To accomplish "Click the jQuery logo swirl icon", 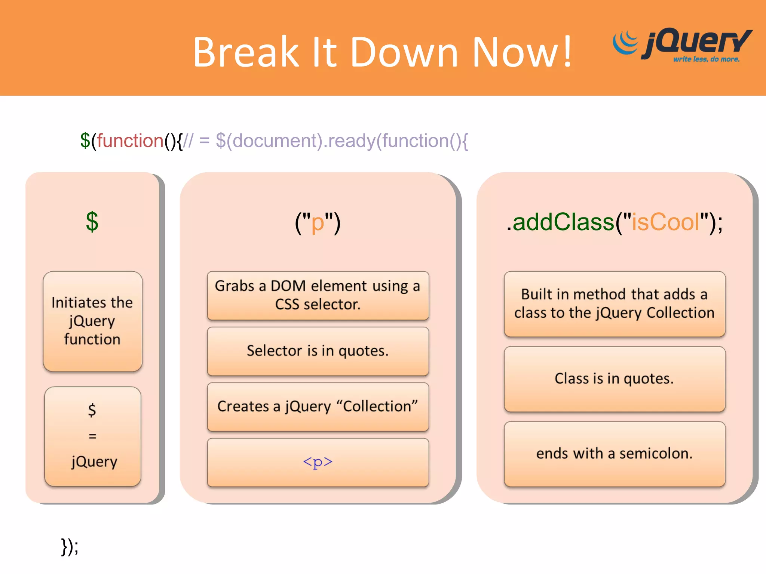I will pyautogui.click(x=625, y=43).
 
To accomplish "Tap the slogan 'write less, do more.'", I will pyautogui.click(x=706, y=59).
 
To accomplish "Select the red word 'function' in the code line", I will pyautogui.click(x=130, y=141).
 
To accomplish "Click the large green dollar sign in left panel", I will pyautogui.click(x=92, y=222).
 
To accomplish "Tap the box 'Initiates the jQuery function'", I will pyautogui.click(x=92, y=321).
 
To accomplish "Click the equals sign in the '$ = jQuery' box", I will pyautogui.click(x=92, y=436).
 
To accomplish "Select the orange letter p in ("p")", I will pyautogui.click(x=318, y=223).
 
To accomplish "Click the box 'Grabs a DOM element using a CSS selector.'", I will pyautogui.click(x=318, y=295).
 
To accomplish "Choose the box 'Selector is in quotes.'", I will pyautogui.click(x=318, y=351).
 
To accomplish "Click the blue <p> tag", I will pyautogui.click(x=318, y=462).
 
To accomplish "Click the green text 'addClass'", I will pyautogui.click(x=563, y=222).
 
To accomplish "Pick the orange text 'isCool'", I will pyautogui.click(x=665, y=222).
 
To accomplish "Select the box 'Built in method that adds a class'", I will pyautogui.click(x=614, y=303).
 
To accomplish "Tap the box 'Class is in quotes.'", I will pyautogui.click(x=614, y=379).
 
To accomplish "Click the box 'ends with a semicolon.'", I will pyautogui.click(x=614, y=454).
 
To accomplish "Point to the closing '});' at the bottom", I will pyautogui.click(x=70, y=547).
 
